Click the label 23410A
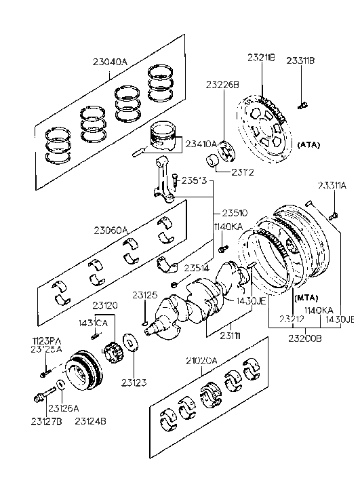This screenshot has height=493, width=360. [x=201, y=144]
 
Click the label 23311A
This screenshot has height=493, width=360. [x=332, y=185]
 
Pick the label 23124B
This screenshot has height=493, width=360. [x=91, y=422]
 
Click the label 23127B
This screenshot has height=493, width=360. [x=45, y=422]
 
